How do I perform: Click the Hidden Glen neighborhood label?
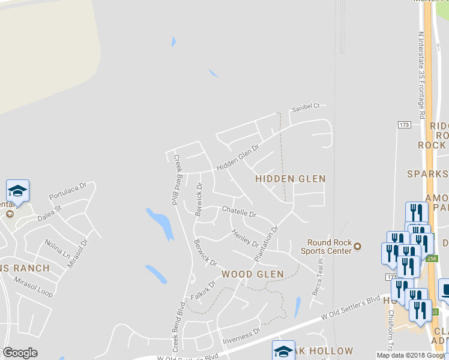click(291, 179)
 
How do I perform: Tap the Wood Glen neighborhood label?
click(252, 274)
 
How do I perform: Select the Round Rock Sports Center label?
click(329, 247)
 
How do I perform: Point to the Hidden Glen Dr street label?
click(238, 158)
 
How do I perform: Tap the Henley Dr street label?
click(244, 239)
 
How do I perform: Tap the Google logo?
click(20, 353)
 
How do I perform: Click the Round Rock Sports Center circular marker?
click(358, 245)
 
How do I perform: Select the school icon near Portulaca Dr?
click(18, 191)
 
